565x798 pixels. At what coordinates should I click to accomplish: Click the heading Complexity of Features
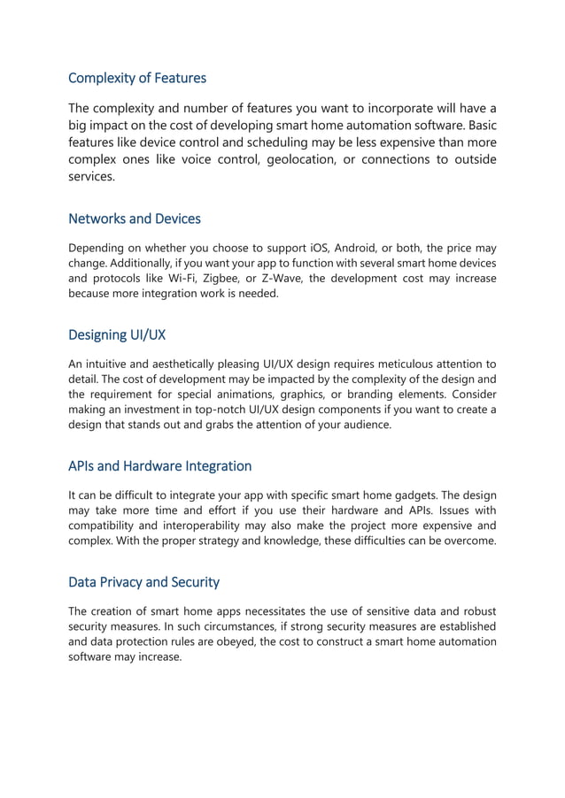pos(137,78)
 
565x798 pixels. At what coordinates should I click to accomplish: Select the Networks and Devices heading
pos(135,219)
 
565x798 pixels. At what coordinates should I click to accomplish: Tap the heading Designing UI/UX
pos(117,335)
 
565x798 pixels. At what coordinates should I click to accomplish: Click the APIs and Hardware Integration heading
pos(160,465)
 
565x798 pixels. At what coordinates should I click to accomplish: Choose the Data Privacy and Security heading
pos(143,582)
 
